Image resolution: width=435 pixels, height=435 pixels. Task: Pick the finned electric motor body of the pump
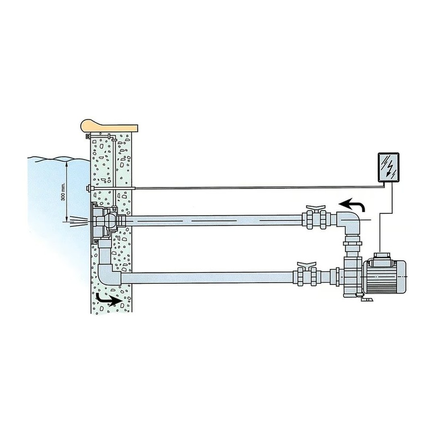click(x=385, y=278)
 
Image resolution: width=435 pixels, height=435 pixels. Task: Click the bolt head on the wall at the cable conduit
click(x=88, y=188)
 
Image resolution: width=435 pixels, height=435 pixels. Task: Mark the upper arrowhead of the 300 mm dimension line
click(x=67, y=162)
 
